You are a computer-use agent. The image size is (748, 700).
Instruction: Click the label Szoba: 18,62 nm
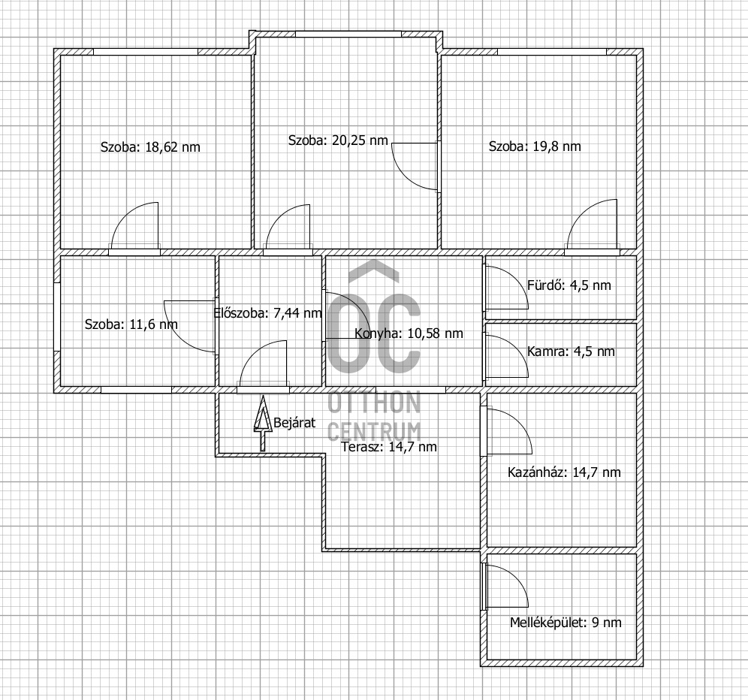[150, 147]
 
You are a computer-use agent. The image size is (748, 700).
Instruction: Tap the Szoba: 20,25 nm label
[338, 140]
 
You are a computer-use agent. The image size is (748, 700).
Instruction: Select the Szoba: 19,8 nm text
[535, 146]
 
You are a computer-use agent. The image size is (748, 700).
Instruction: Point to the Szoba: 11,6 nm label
[131, 324]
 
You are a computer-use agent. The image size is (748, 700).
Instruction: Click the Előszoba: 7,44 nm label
[267, 313]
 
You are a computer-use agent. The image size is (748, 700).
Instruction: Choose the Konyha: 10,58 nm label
[409, 333]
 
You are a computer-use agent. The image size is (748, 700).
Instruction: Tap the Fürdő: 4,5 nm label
[569, 285]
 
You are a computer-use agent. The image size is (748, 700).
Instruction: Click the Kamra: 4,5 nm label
[571, 352]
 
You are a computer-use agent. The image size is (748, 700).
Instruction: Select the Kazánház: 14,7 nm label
[564, 472]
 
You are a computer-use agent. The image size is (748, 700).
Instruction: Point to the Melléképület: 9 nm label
[566, 622]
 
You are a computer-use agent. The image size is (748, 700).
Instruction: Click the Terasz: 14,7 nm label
[389, 447]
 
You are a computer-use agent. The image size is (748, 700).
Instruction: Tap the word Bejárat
[294, 423]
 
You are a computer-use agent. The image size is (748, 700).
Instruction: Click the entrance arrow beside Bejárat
[262, 424]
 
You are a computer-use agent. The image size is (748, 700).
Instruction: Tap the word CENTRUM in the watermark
[375, 431]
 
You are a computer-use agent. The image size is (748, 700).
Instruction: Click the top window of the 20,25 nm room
[348, 34]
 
